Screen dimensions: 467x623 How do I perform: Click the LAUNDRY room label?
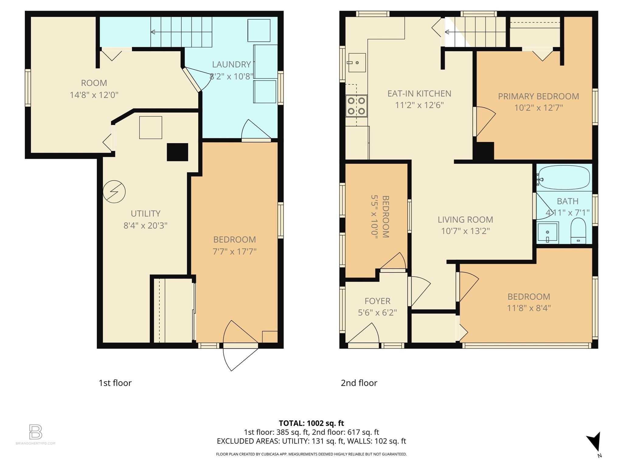click(231, 64)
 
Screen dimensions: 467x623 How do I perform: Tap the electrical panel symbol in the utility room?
click(114, 192)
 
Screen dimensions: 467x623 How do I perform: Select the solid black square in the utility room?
click(177, 152)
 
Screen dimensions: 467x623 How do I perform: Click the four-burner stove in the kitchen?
click(357, 106)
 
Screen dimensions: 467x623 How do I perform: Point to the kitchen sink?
click(357, 63)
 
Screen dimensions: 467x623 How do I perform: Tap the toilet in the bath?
click(578, 230)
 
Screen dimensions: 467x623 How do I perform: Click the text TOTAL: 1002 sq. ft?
click(311, 423)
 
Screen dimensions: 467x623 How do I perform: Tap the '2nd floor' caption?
click(359, 383)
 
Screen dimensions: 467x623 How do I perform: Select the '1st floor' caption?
click(115, 383)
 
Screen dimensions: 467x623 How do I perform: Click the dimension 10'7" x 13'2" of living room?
click(465, 231)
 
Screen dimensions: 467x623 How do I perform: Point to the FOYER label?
click(377, 301)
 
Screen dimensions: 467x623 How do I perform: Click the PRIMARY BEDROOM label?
click(538, 96)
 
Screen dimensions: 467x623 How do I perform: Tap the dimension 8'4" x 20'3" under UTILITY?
click(145, 226)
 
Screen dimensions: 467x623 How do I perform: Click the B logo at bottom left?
click(36, 432)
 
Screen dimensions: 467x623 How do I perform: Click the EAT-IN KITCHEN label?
click(419, 93)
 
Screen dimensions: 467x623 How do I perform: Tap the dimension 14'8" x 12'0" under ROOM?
click(94, 95)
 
